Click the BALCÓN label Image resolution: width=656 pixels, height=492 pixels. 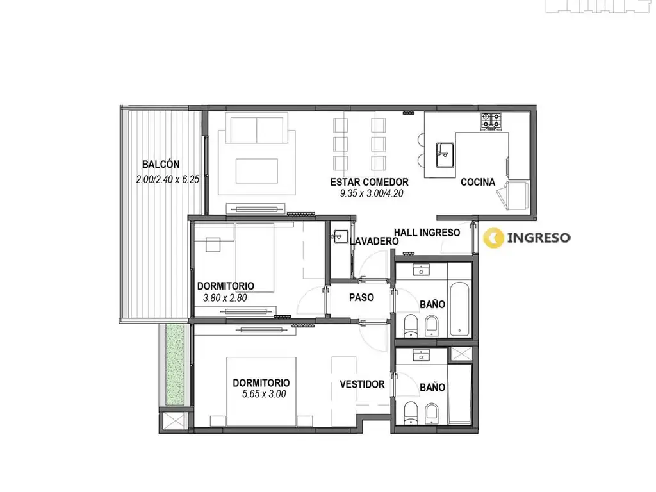161,164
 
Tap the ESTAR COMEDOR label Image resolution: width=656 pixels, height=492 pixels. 370,182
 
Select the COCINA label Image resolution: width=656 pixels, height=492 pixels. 478,182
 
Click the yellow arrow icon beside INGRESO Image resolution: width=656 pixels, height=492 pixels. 493,238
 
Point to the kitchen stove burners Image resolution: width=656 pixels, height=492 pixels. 491,121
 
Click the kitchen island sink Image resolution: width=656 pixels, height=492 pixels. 445,155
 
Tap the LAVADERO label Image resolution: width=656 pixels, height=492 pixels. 374,241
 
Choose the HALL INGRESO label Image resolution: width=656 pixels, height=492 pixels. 427,233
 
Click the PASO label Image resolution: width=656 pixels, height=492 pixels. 361,297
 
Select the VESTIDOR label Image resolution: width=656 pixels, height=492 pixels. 362,384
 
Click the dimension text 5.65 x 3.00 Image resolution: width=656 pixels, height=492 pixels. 264,394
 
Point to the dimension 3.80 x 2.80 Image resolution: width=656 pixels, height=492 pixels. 225,298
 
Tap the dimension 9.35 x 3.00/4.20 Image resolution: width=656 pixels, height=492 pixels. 372,193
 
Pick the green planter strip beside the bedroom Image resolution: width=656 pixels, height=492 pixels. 175,364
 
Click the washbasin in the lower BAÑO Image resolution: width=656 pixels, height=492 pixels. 422,355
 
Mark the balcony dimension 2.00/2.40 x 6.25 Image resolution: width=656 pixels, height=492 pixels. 167,179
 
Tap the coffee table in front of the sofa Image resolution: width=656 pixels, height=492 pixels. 257,170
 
